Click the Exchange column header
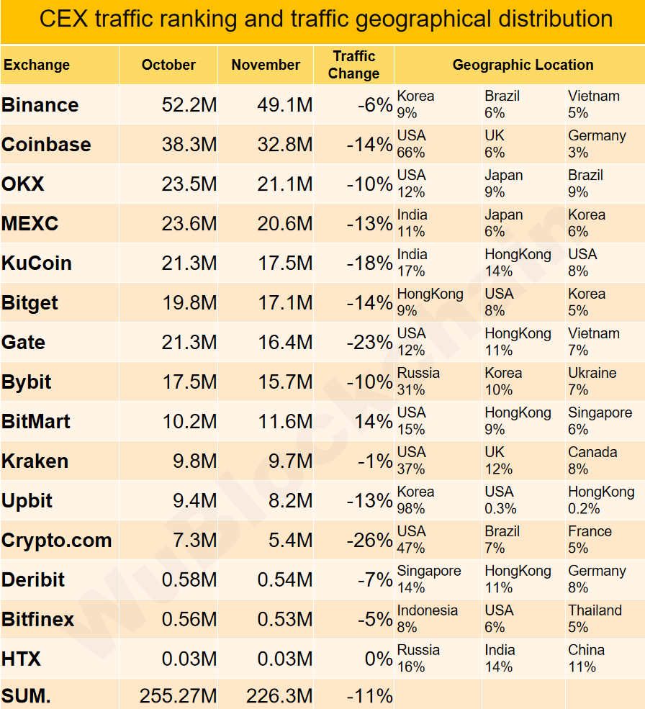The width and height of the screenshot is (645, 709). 37,65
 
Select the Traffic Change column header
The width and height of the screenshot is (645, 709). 353,65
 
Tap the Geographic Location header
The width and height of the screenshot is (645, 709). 523,65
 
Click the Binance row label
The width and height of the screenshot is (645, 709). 40,105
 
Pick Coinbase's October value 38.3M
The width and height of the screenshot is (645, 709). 189,145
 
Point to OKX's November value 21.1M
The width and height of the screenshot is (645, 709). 285,184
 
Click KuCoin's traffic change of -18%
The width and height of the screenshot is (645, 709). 369,263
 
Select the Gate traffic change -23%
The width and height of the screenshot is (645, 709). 369,343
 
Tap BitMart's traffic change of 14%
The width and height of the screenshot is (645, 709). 374,422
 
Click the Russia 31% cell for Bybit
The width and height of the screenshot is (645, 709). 418,381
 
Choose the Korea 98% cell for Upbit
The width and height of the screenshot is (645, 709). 415,500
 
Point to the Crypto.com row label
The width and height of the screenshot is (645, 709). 57,541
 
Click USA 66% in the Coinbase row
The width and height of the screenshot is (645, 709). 412,144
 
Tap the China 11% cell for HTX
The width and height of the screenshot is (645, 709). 586,659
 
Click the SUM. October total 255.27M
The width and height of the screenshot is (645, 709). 178,696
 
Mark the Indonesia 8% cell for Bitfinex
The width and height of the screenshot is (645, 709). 427,619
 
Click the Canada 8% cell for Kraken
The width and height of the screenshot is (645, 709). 592,461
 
